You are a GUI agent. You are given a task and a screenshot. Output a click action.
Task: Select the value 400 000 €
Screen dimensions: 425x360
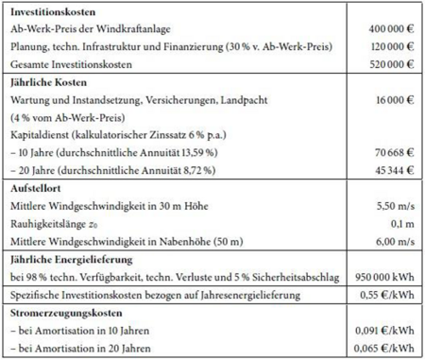click(x=390, y=29)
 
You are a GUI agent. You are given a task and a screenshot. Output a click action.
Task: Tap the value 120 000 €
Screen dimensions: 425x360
click(x=390, y=46)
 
